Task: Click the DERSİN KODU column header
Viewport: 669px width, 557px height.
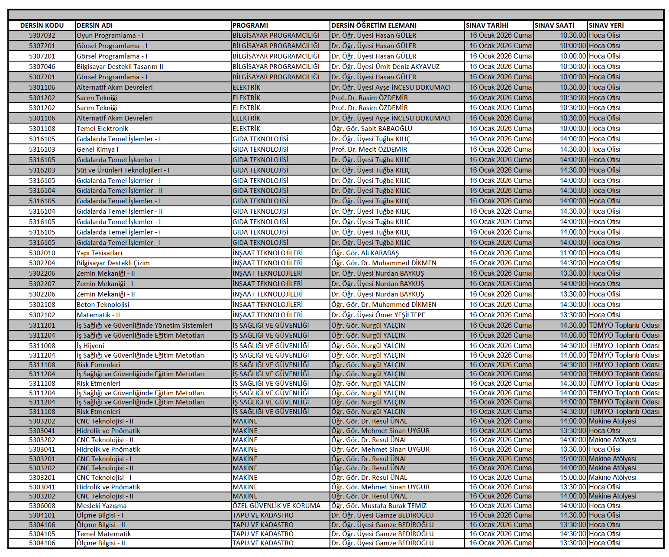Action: click(x=42, y=26)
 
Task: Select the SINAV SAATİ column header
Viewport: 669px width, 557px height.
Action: click(x=554, y=26)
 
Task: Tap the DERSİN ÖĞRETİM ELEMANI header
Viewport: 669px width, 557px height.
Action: click(x=374, y=26)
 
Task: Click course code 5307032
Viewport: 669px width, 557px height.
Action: click(x=42, y=36)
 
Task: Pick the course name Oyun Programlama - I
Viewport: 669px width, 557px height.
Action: click(x=110, y=36)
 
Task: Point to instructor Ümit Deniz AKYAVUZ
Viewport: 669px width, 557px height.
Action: click(x=385, y=67)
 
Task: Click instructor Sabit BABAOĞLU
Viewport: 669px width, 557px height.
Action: click(x=372, y=129)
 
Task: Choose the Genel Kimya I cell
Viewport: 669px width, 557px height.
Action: click(x=97, y=150)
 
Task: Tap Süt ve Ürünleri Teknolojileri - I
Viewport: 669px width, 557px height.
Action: click(x=123, y=170)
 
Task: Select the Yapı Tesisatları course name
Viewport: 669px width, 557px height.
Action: click(x=99, y=253)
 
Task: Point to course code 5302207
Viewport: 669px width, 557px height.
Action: click(x=42, y=284)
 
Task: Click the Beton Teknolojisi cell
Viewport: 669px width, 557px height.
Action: click(x=103, y=305)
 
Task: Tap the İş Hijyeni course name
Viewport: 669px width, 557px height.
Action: click(x=90, y=346)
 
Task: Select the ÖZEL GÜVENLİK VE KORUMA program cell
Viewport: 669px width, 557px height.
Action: click(x=276, y=506)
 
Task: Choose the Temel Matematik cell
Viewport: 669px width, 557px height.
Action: click(x=103, y=534)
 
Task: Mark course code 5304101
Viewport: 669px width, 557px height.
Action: click(x=42, y=515)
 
